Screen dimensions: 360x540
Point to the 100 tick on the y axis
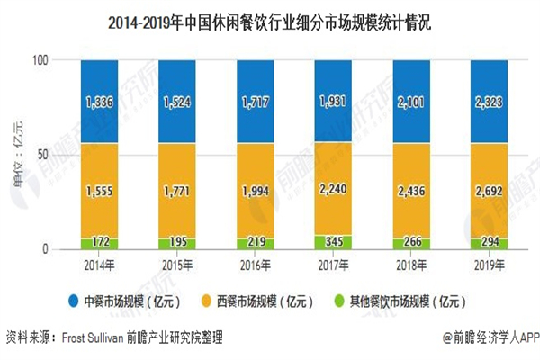tap(49, 60)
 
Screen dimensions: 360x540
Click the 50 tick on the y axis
tap(52, 155)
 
